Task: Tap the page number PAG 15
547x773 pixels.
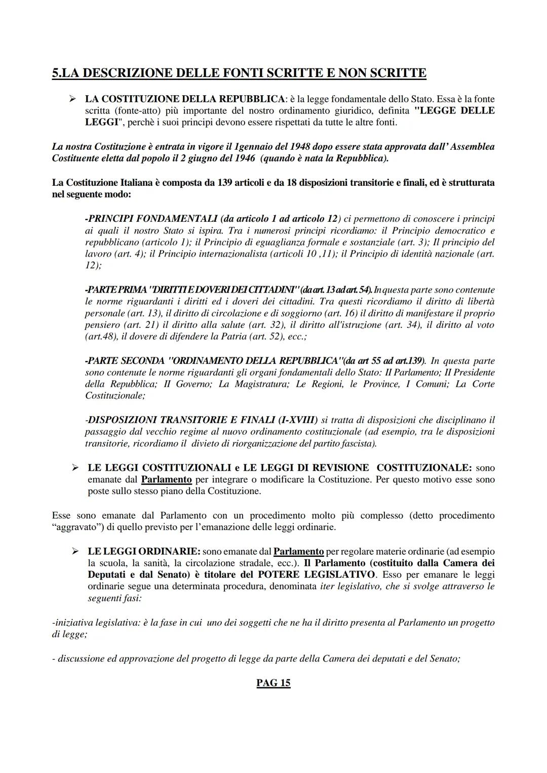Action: [273, 683]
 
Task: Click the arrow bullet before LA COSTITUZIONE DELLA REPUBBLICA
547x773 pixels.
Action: [72, 99]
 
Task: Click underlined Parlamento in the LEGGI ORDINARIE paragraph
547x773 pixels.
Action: [298, 551]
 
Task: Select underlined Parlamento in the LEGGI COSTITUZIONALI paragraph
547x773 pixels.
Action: [166, 479]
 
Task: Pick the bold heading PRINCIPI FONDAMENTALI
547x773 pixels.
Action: [151, 219]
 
